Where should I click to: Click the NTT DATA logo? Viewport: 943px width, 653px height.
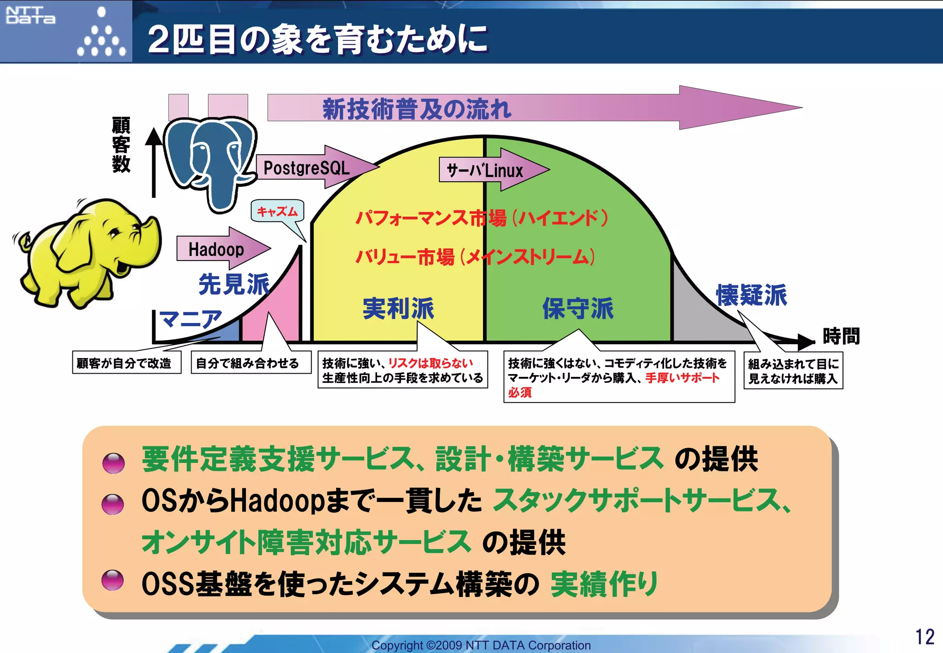pyautogui.click(x=30, y=15)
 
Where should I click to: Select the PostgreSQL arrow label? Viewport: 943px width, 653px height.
pyautogui.click(x=307, y=168)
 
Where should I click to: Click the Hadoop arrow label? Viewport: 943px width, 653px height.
pyautogui.click(x=216, y=249)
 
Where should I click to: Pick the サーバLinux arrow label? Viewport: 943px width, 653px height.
pyautogui.click(x=484, y=170)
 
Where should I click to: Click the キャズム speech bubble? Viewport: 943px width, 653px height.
pyautogui.click(x=277, y=211)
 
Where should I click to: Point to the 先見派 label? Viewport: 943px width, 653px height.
pyautogui.click(x=234, y=283)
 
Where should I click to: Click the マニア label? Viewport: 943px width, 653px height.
pyautogui.click(x=190, y=318)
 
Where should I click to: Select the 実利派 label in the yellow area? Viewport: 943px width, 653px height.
pyautogui.click(x=398, y=308)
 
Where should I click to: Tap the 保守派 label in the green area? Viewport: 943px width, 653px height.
pyautogui.click(x=578, y=308)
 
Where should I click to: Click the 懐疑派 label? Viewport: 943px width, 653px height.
pyautogui.click(x=751, y=295)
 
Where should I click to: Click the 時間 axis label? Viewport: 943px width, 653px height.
pyautogui.click(x=841, y=336)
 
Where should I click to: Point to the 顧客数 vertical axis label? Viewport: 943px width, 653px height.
pyautogui.click(x=121, y=144)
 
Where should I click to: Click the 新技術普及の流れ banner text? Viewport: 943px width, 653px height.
pyautogui.click(x=417, y=109)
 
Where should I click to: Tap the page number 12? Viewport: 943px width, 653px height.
pyautogui.click(x=924, y=637)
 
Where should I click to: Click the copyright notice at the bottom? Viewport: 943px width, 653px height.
pyautogui.click(x=481, y=645)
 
